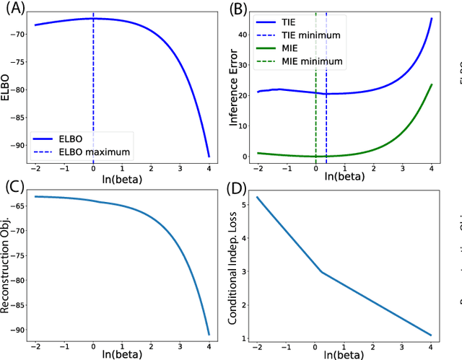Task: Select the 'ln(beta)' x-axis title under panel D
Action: point(344,354)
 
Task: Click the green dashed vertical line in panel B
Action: point(315,108)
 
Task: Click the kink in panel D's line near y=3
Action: point(321,272)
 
